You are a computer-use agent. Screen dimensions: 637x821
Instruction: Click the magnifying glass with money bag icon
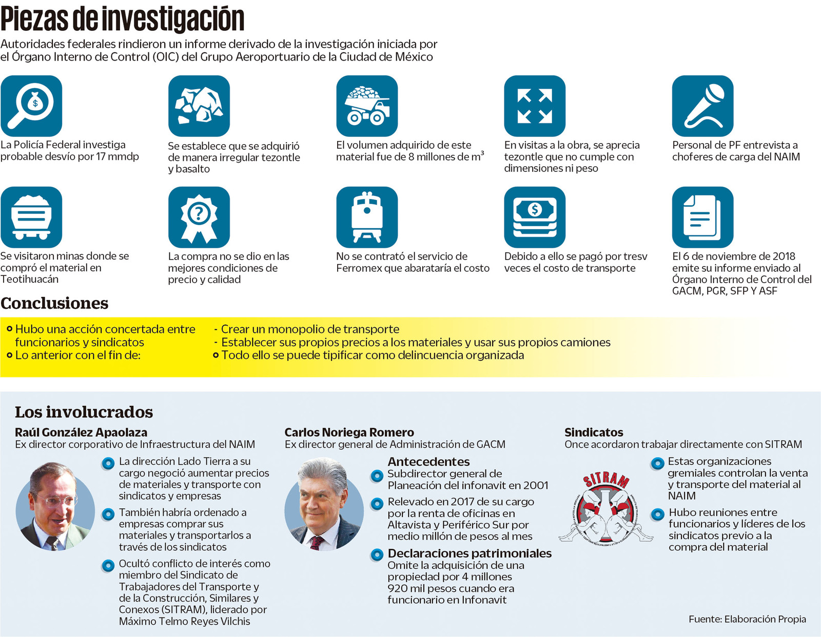tap(31, 106)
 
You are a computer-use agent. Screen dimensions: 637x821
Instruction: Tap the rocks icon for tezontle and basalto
tap(199, 106)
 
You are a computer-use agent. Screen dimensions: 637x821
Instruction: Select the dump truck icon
tap(367, 106)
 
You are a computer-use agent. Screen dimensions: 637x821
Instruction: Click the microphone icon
tap(702, 106)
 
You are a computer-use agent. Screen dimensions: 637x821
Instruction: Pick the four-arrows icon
tap(535, 106)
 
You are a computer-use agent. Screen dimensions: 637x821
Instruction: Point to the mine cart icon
tap(31, 217)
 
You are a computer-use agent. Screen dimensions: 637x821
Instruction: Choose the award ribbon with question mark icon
tap(199, 217)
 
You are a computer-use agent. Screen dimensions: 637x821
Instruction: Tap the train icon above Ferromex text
tap(367, 217)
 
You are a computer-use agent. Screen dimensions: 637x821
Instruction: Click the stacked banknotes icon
tap(535, 217)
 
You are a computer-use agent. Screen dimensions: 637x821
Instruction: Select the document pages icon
tap(702, 217)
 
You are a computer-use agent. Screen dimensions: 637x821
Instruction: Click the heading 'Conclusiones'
tap(54, 303)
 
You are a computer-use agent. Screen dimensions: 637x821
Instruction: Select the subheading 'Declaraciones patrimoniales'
tap(470, 553)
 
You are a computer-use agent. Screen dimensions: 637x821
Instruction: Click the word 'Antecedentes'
tap(428, 462)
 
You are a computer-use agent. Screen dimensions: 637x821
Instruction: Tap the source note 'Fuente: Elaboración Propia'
tap(747, 619)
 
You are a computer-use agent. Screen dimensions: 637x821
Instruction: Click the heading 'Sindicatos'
tap(594, 432)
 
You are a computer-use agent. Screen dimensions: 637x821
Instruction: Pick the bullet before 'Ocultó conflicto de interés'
tap(108, 566)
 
